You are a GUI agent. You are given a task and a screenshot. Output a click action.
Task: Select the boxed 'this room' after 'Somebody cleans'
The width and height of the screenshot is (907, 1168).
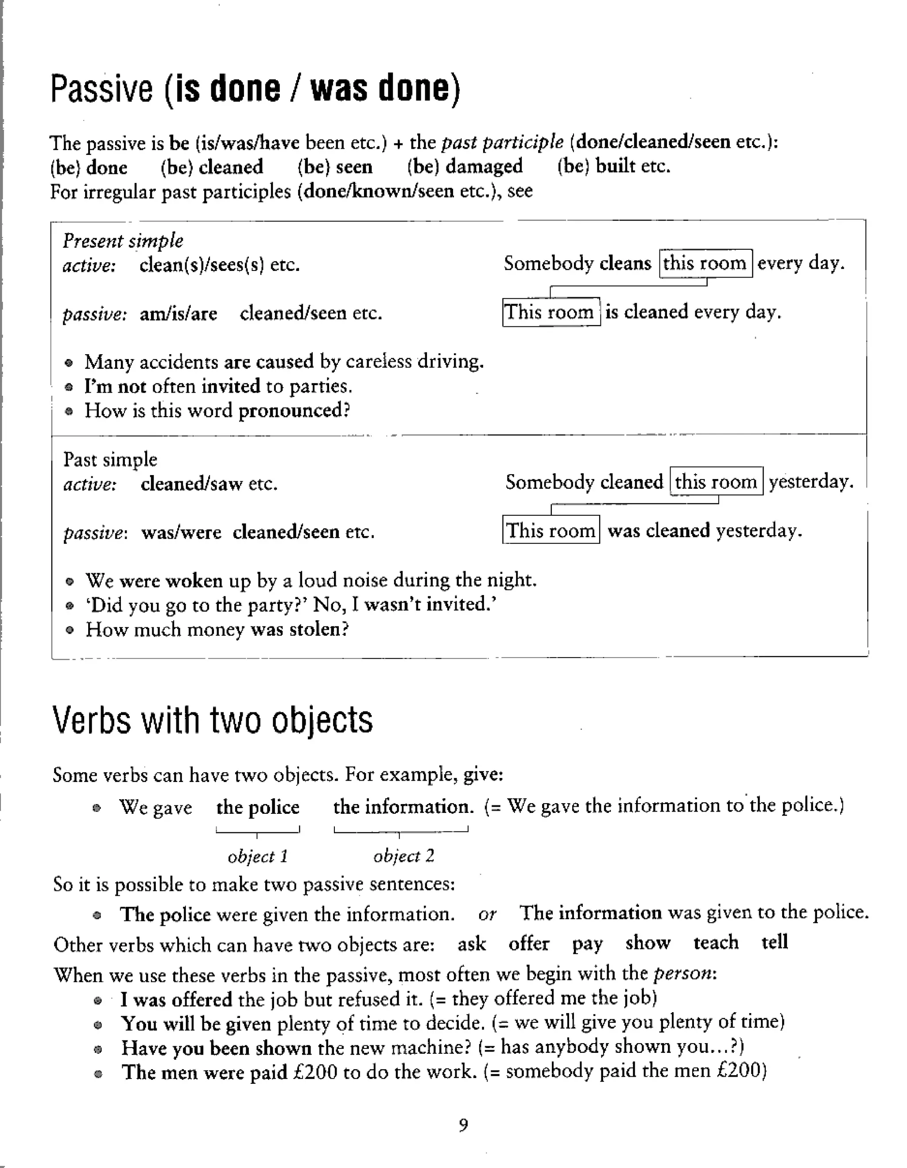pos(705,263)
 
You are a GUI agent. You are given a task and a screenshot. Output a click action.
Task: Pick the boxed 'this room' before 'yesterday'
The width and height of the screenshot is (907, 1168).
pos(716,481)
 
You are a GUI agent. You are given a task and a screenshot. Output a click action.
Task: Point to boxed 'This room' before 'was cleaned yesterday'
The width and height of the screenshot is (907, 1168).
pos(550,530)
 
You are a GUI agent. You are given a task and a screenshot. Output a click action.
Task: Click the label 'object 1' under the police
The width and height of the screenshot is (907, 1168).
pos(257,856)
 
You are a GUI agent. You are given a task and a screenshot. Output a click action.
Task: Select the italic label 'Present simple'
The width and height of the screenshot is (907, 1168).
pos(123,241)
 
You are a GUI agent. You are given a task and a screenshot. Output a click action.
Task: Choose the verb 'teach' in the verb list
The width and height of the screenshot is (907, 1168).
pos(716,942)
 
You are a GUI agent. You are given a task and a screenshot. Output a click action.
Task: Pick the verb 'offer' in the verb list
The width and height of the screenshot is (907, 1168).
pos(528,944)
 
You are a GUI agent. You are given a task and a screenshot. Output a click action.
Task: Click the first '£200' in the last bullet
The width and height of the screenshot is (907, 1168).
pos(315,1072)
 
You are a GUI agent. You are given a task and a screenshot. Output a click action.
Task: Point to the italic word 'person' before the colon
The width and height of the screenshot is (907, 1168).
pos(682,973)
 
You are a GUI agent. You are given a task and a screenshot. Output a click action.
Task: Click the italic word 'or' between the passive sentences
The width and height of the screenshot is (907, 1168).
pos(487,914)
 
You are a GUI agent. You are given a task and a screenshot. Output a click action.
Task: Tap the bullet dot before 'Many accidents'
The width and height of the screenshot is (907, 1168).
pos(69,363)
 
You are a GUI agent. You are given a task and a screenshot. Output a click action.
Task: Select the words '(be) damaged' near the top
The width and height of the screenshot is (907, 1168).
pos(464,166)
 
